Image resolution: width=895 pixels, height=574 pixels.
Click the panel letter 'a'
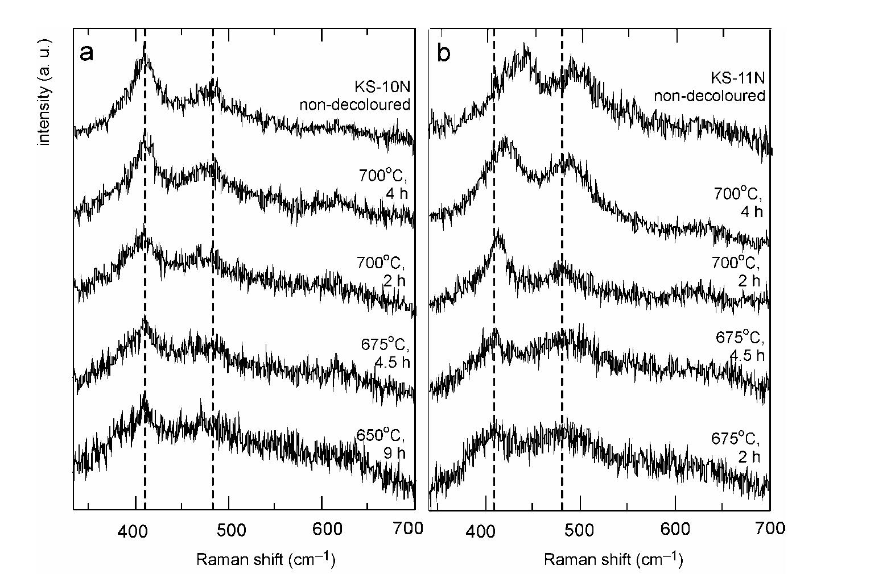click(x=86, y=53)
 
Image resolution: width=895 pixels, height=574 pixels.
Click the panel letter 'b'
click(x=443, y=53)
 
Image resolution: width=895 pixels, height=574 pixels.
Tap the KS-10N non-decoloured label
click(x=354, y=95)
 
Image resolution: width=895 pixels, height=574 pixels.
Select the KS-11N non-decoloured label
click(x=709, y=86)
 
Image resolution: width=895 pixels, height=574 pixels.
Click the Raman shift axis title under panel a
click(x=266, y=559)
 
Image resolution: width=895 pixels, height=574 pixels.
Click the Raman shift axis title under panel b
click(x=613, y=559)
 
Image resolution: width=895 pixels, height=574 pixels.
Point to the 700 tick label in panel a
click(x=409, y=529)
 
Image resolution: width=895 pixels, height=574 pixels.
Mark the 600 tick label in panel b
click(x=675, y=530)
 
